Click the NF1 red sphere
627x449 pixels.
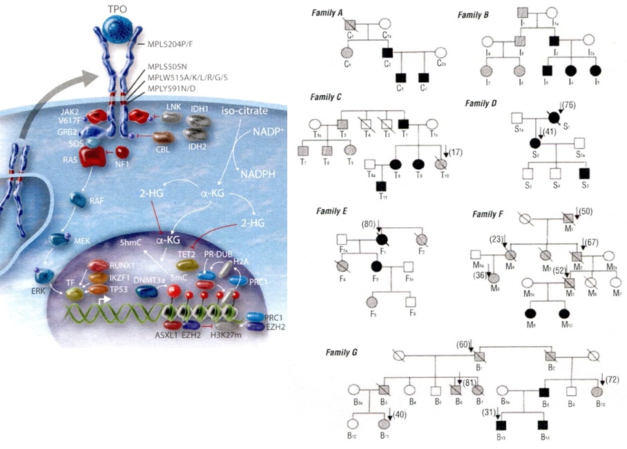point(123,151)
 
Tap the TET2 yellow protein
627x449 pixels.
point(186,265)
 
